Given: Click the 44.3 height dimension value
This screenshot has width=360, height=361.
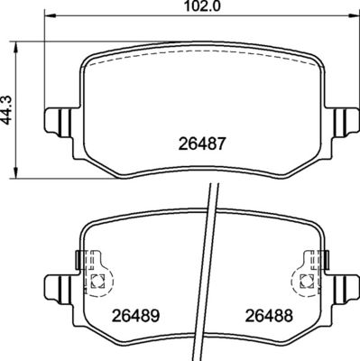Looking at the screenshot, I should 8,109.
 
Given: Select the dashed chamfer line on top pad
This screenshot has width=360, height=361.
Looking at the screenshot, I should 202,60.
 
